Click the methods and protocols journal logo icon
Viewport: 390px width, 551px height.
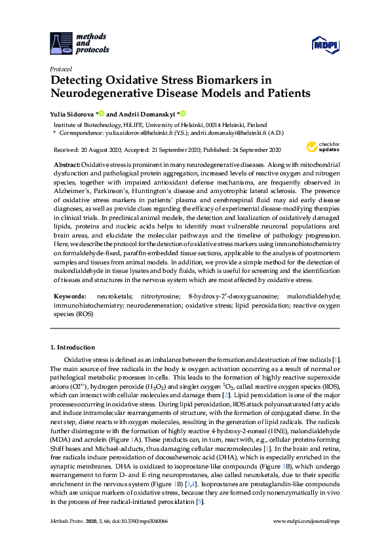[x=62, y=43]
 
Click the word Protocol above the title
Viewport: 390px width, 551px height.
[x=60, y=69]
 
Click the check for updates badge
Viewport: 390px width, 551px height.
[x=322, y=147]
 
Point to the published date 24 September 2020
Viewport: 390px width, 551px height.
[x=251, y=150]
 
